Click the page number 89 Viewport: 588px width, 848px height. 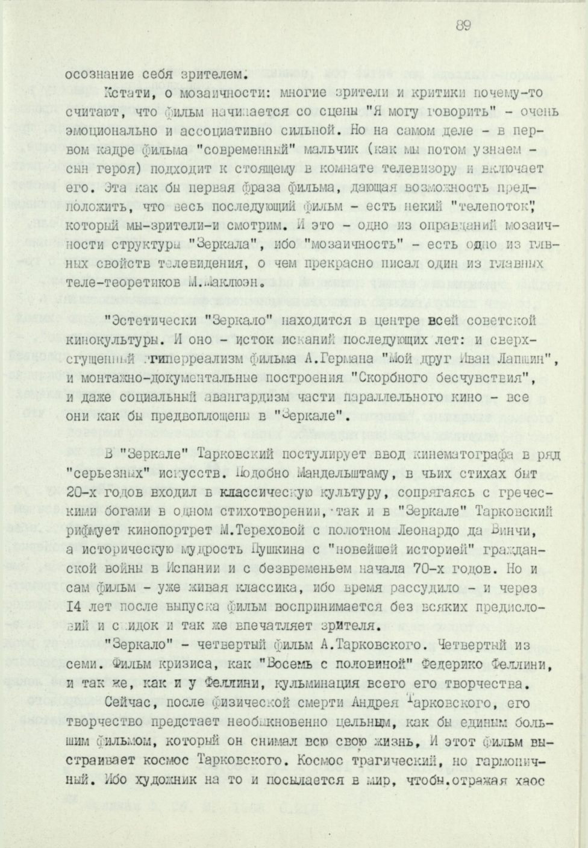[462, 25]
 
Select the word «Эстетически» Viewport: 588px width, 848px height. [140, 319]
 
